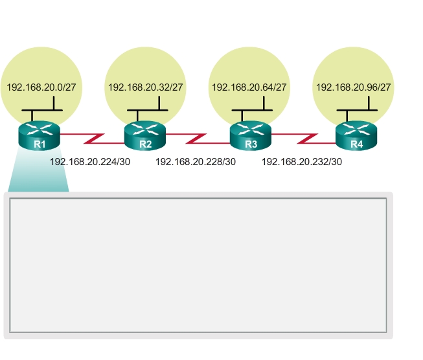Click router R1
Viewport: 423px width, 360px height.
tap(39, 135)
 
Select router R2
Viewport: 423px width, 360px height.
tap(145, 135)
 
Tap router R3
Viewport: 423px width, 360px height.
tap(251, 135)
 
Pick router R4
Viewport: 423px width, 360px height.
tap(356, 135)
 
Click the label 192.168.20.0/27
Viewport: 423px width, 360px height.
tap(39, 87)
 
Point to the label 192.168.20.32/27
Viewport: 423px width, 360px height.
tap(145, 87)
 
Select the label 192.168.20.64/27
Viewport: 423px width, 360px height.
tap(249, 87)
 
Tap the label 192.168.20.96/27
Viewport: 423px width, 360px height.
tap(354, 87)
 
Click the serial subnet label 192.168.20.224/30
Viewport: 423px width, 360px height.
tap(90, 162)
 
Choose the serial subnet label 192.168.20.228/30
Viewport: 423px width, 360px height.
tap(196, 162)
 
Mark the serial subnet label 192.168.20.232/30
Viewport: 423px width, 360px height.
tap(301, 162)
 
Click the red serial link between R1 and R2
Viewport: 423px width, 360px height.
tap(92, 138)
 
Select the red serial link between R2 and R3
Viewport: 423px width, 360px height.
tap(198, 138)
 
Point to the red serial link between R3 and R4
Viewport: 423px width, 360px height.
tap(303, 138)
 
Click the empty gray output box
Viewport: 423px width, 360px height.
tap(198, 265)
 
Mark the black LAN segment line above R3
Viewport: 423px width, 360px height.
tap(249, 110)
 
